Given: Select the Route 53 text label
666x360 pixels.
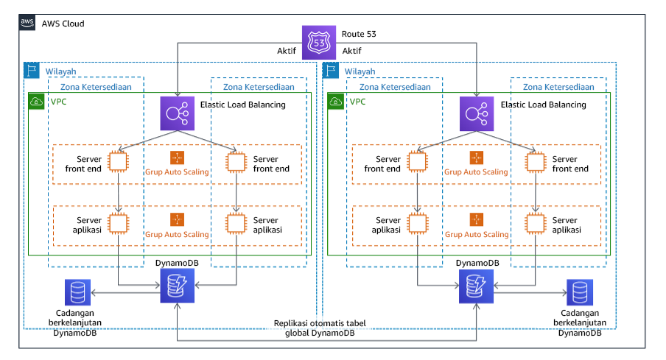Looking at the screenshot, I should point(359,33).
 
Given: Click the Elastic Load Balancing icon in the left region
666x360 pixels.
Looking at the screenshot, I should point(177,113).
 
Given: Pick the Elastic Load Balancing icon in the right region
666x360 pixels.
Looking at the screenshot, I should point(477,113).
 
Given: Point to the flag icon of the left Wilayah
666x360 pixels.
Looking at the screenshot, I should point(32,71).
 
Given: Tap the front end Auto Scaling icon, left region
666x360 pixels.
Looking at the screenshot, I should point(177,158).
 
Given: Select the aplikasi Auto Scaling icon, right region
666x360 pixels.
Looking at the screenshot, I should point(477,219).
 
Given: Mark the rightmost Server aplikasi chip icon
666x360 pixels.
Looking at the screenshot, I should point(536,224).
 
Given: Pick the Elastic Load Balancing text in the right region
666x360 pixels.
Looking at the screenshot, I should point(543,105).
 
